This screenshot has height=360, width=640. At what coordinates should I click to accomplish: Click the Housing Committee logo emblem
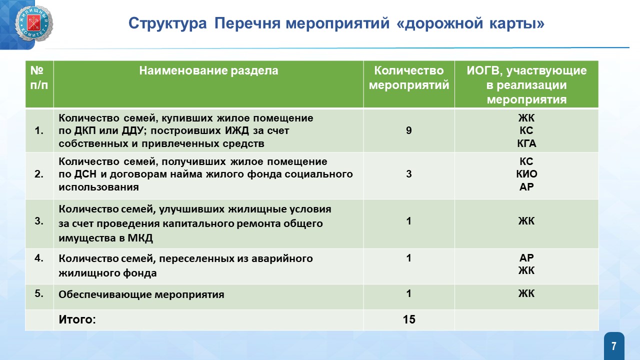[x=33, y=23]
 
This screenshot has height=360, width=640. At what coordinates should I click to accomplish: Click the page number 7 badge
[x=614, y=346]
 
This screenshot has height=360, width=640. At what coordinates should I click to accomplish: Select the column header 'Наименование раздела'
[x=208, y=70]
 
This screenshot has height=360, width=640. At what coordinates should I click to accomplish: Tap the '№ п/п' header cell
[x=39, y=77]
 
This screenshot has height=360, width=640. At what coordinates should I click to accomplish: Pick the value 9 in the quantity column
[x=409, y=130]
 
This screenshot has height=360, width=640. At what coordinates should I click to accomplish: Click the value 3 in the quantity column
[x=409, y=174]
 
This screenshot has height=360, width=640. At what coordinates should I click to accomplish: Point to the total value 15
[x=409, y=319]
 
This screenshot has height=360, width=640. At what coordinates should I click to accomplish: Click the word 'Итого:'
[x=77, y=319]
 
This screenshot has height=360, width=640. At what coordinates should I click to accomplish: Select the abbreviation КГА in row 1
[x=526, y=143]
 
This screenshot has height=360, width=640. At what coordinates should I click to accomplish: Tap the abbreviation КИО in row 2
[x=526, y=174]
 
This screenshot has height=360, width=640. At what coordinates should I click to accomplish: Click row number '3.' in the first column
[x=39, y=221]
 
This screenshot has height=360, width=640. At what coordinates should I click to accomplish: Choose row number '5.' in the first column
[x=39, y=293]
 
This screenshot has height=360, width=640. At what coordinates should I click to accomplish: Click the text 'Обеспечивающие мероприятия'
[x=141, y=294]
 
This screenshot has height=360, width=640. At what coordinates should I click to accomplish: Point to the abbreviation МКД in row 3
[x=140, y=238]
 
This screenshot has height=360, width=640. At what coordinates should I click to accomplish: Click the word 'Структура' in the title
[x=167, y=23]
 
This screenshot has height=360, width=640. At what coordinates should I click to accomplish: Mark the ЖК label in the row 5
[x=526, y=293]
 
